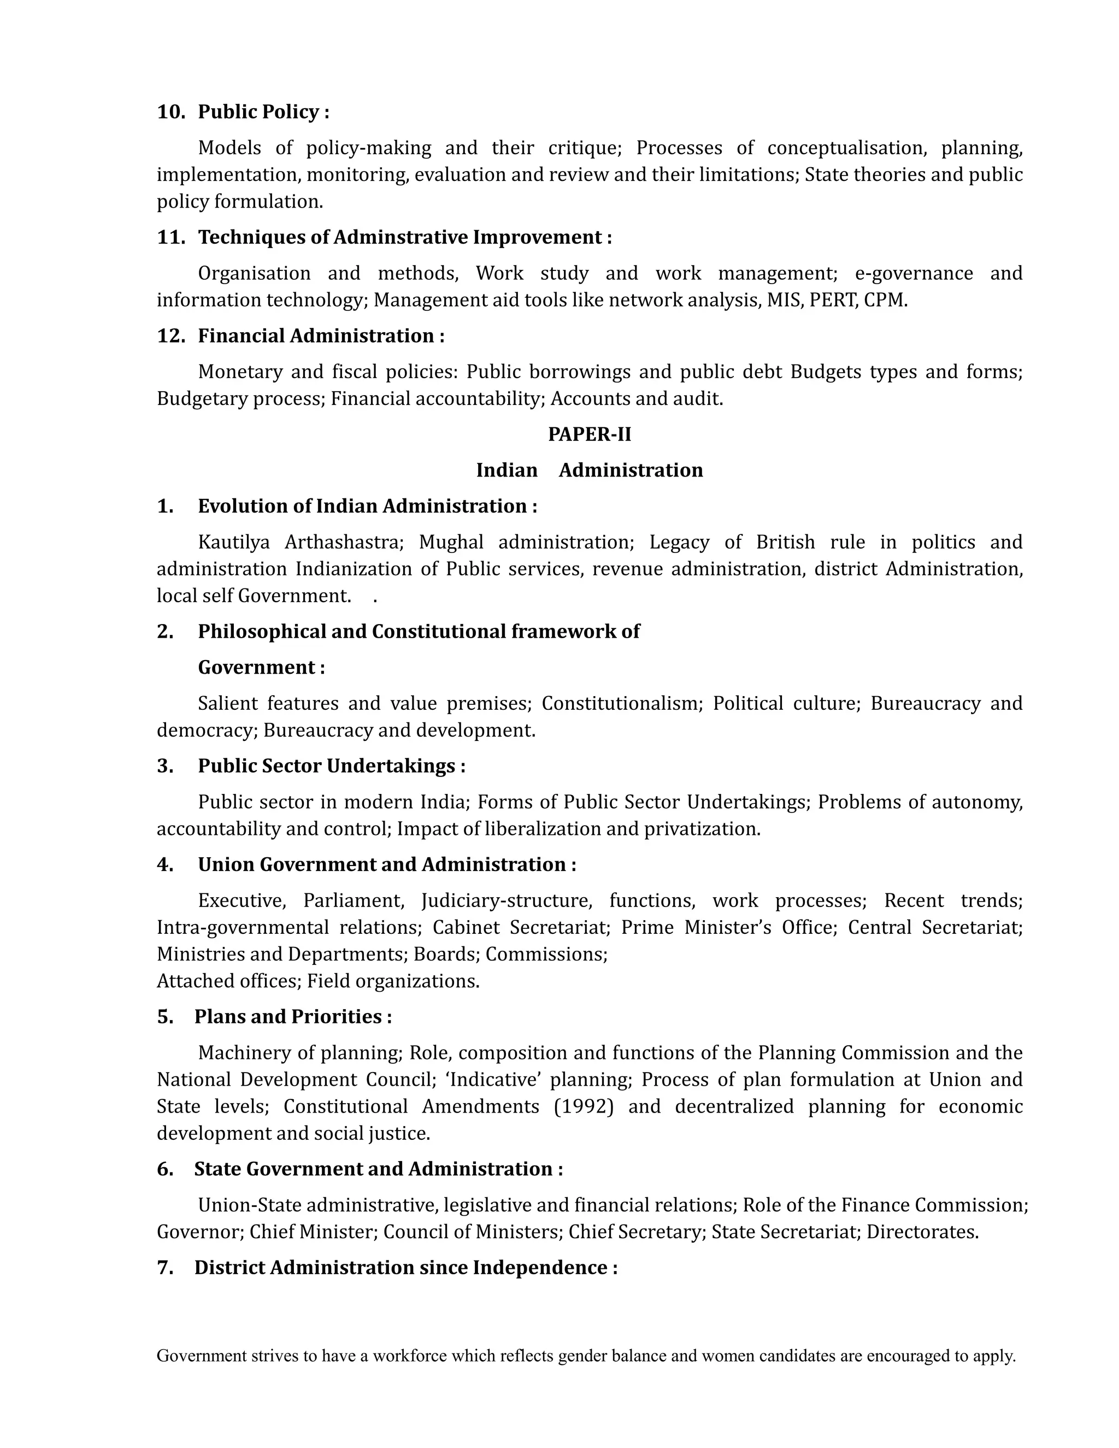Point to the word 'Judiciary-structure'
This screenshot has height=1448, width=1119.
pyautogui.click(x=507, y=900)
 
